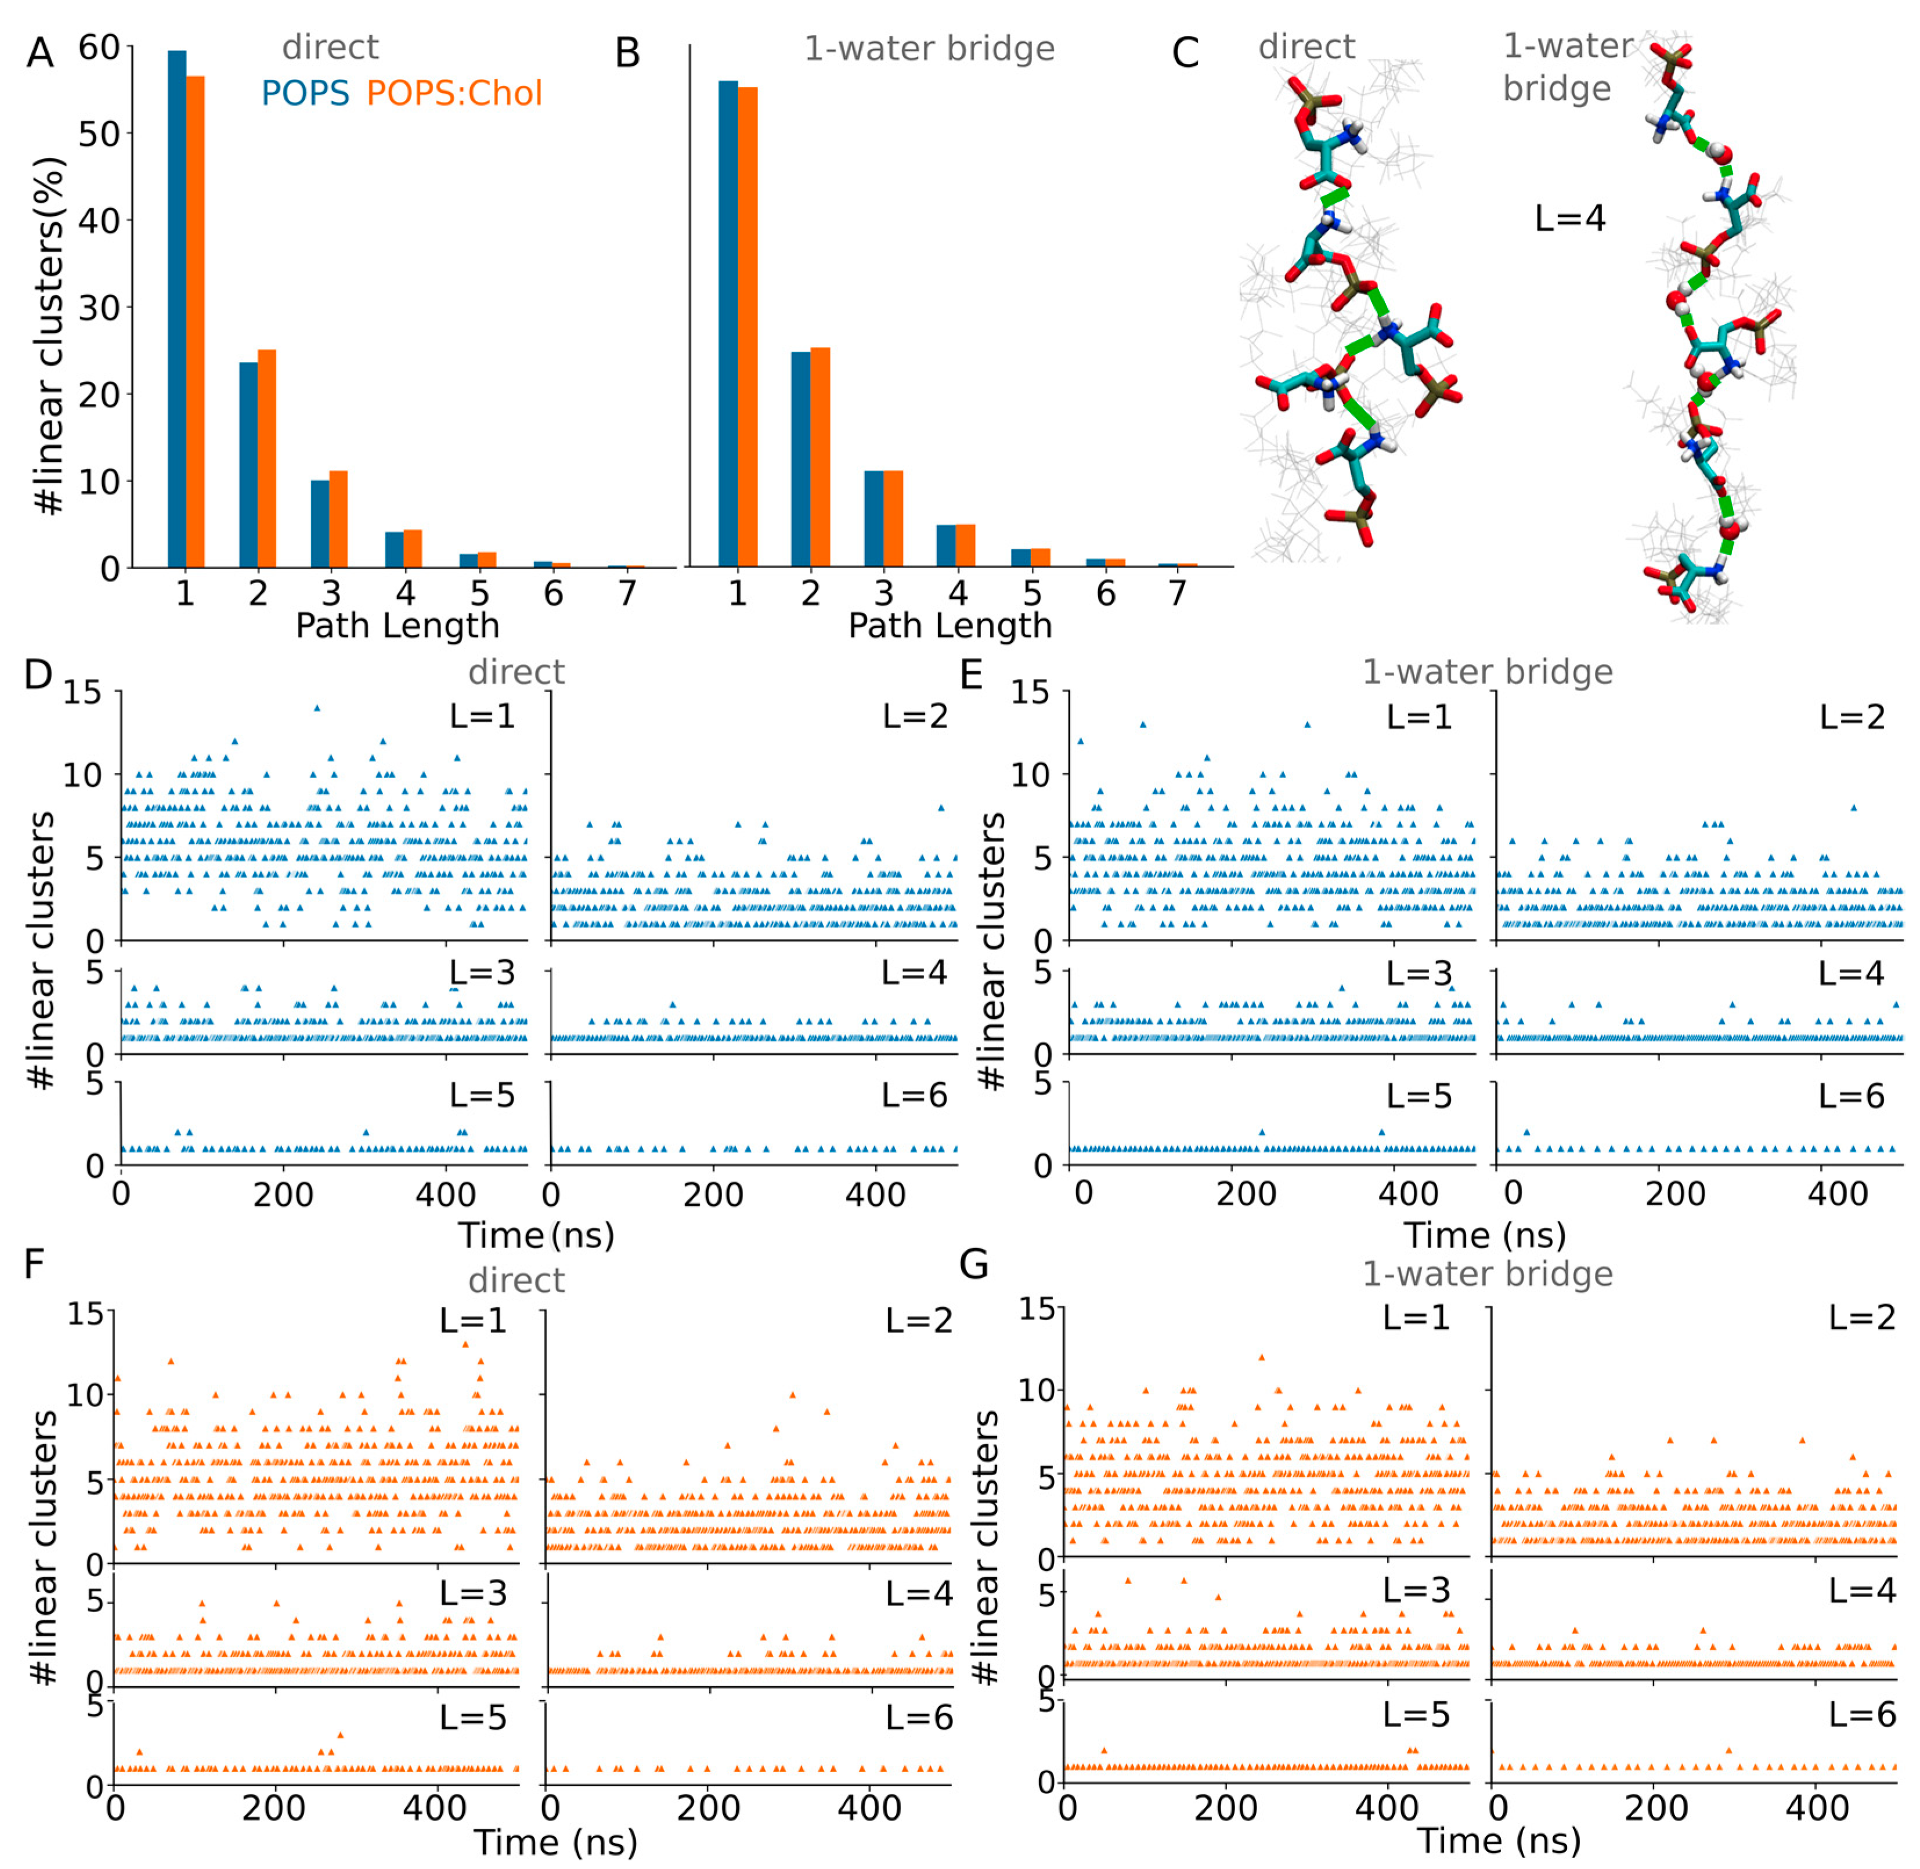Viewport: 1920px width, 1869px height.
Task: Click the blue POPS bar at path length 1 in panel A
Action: pos(177,309)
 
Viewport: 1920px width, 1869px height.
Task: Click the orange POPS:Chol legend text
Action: pos(454,93)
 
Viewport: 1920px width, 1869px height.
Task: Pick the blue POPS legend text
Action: pos(305,93)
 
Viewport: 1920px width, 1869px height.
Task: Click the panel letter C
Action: pos(1185,53)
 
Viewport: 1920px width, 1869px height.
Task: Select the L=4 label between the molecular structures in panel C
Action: pos(1569,218)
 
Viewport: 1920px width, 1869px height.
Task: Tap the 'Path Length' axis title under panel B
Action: pos(950,626)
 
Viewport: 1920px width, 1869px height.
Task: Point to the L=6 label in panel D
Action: pos(914,1096)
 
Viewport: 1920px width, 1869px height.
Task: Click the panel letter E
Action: pos(971,675)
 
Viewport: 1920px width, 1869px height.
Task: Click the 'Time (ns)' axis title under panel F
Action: pos(556,1842)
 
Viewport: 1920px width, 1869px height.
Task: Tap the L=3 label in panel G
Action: pos(1415,1589)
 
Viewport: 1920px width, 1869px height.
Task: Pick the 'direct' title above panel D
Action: pos(517,673)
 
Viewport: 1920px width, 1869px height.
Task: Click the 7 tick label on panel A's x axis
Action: pos(627,593)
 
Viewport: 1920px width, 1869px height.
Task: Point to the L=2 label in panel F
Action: pos(918,1320)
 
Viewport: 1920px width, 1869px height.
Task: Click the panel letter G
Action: pos(973,1264)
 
